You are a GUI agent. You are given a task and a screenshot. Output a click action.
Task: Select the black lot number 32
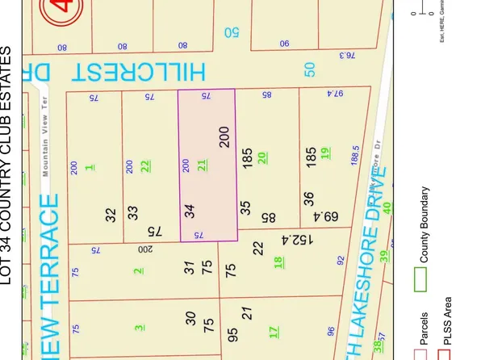click(111, 214)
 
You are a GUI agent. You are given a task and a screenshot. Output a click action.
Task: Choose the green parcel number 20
click(262, 157)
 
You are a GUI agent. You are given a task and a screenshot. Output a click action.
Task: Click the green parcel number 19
click(324, 153)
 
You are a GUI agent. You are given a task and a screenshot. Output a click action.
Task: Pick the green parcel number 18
click(278, 261)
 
